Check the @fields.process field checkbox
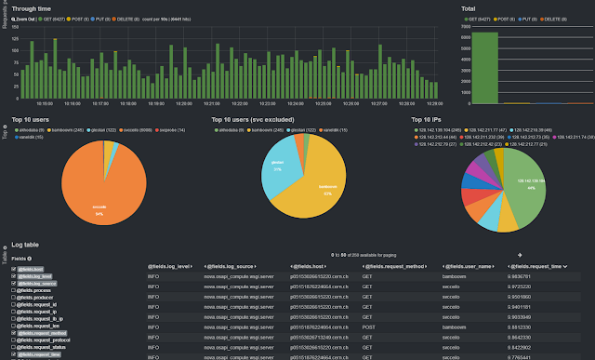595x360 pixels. click(x=14, y=289)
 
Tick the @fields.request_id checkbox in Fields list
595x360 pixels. click(x=14, y=304)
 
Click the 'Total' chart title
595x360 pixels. click(x=469, y=8)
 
